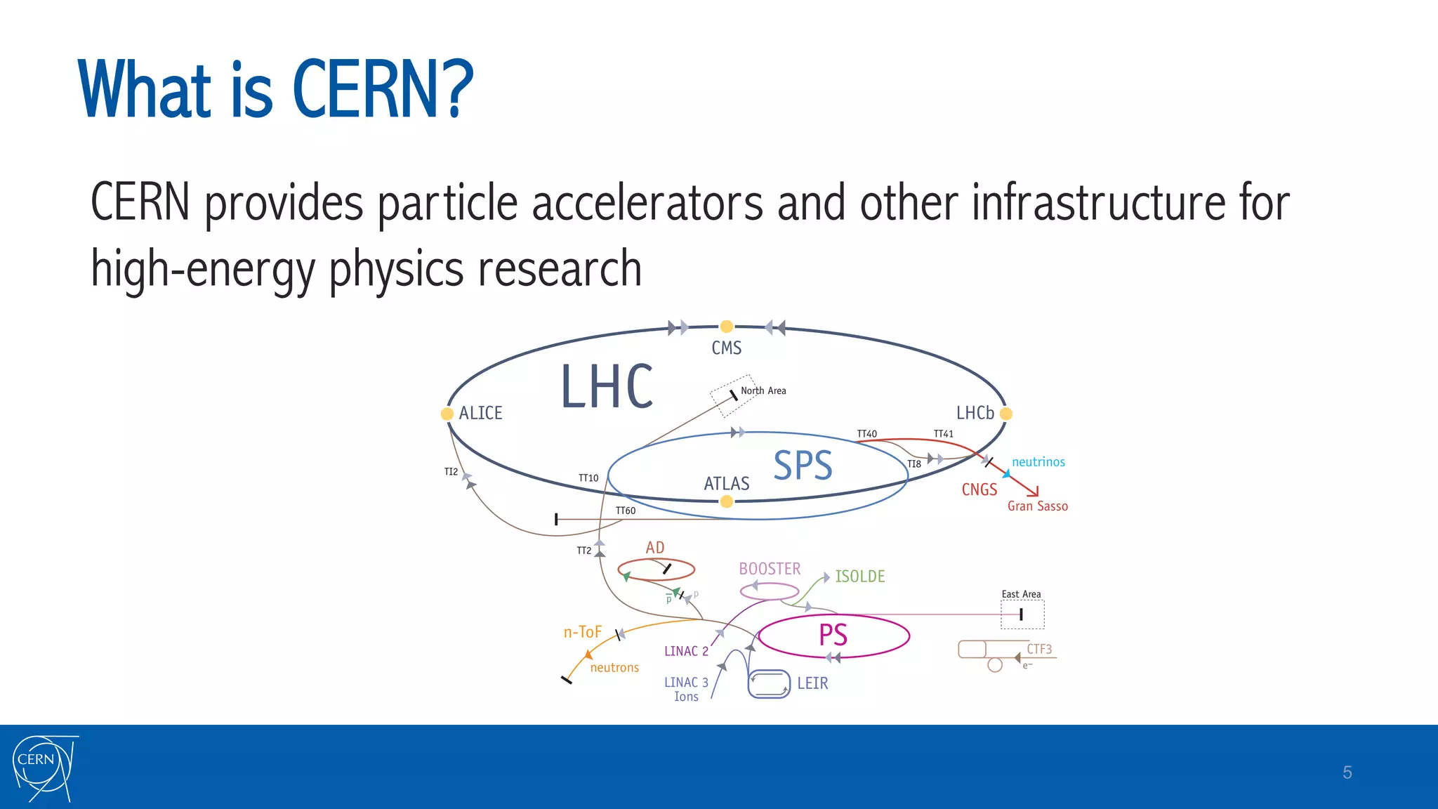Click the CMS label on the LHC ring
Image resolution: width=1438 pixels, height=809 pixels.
coord(726,348)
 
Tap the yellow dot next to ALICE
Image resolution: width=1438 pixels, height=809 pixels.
coord(447,414)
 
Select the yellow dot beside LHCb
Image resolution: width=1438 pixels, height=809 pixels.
coord(1005,414)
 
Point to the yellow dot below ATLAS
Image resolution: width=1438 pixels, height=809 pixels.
coord(727,501)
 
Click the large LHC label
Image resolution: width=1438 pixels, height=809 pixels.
coord(607,386)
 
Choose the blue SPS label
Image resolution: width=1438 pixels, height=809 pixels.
coord(803,465)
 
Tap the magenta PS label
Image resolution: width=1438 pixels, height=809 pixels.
coord(833,635)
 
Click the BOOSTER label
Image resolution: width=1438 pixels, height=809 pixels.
coord(770,569)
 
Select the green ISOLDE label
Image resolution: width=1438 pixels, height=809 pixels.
coord(859,577)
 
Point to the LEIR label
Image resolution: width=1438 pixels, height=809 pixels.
coord(812,683)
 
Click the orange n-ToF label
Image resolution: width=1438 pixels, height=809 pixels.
coord(582,632)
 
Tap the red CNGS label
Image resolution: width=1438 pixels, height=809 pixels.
coord(979,489)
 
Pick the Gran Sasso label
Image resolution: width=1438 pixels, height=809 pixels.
coord(1037,506)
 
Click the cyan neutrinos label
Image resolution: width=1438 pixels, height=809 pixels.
coord(1038,462)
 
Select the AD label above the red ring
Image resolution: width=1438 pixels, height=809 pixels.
coord(654,548)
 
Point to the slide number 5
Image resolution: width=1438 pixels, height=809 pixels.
coord(1347,772)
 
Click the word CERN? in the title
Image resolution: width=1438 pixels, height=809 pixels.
coord(383,89)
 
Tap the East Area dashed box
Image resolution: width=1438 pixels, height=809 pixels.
coord(1022,614)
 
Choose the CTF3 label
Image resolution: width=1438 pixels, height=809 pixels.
coord(1039,649)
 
